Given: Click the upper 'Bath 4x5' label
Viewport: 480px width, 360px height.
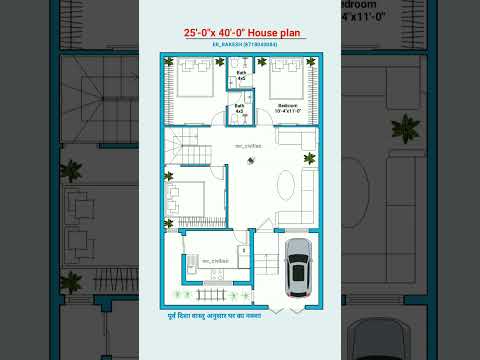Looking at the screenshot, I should point(241,76).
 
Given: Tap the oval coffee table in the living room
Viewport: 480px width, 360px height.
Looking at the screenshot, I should point(285,184).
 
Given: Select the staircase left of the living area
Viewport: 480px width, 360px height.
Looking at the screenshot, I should point(186,151).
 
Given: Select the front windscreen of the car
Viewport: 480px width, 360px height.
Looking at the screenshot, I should point(299,261).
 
